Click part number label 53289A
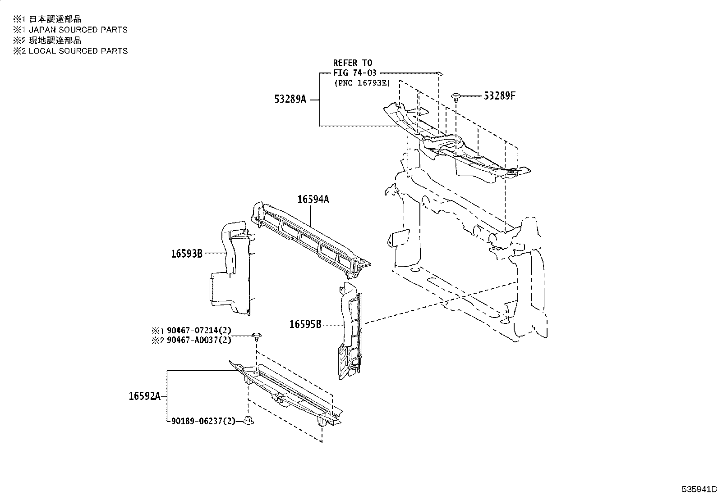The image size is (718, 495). [290, 99]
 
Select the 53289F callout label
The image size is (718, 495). [499, 95]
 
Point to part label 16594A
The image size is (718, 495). [313, 199]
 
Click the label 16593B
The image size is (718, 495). [186, 254]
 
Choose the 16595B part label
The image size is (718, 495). [305, 324]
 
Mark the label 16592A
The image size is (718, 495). [144, 396]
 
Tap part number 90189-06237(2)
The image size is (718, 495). [203, 422]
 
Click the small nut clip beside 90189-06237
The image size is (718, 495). [249, 421]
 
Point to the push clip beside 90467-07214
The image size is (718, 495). [257, 336]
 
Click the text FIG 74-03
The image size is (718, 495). [354, 73]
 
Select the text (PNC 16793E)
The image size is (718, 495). [362, 83]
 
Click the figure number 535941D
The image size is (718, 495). [699, 489]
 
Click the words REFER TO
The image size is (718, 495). [353, 63]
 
